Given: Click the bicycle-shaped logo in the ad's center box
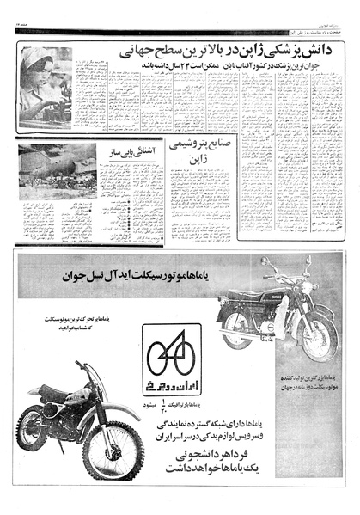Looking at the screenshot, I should coord(172,353).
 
